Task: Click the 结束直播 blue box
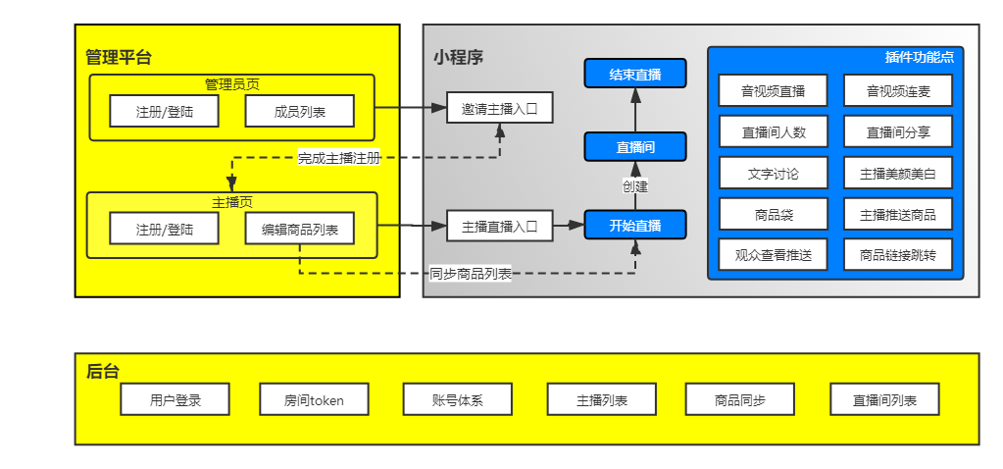pos(634,74)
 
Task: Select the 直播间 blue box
pos(634,147)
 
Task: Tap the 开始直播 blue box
pos(634,226)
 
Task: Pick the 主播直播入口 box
pos(499,226)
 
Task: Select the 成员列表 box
pos(299,112)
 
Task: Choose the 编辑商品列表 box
pos(299,230)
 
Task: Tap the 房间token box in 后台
pos(314,399)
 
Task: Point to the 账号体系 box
pos(458,399)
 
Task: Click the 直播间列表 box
pos(884,399)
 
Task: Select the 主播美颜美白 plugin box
pos(897,173)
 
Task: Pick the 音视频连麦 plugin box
pos(897,91)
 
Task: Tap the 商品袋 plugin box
pos(773,214)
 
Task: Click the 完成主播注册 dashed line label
pos(338,157)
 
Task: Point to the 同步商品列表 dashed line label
pos(471,274)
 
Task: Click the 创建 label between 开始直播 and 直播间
pos(634,185)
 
